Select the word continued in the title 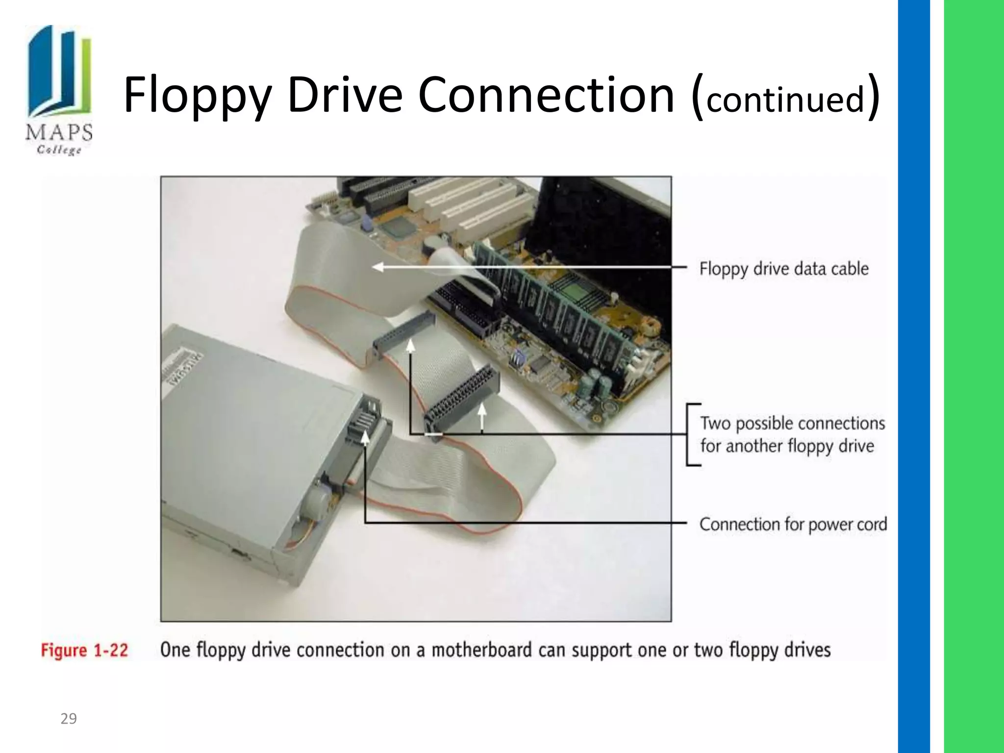pos(785,99)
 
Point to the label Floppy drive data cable pos(783,269)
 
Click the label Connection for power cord pos(793,524)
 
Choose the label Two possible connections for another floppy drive pos(792,434)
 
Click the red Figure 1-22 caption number pos(84,651)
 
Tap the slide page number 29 pos(69,719)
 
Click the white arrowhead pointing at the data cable pos(378,267)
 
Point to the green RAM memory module pos(564,314)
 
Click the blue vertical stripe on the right pos(913,376)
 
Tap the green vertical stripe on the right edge pos(974,376)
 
